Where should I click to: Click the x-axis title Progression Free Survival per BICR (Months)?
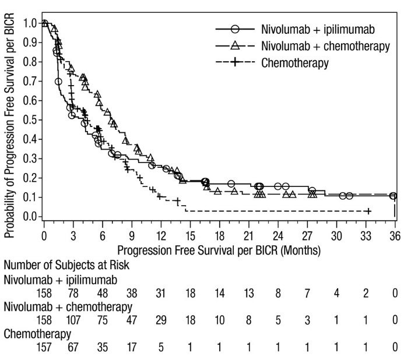219,250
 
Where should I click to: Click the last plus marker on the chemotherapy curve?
368,210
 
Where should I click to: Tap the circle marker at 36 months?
394,196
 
